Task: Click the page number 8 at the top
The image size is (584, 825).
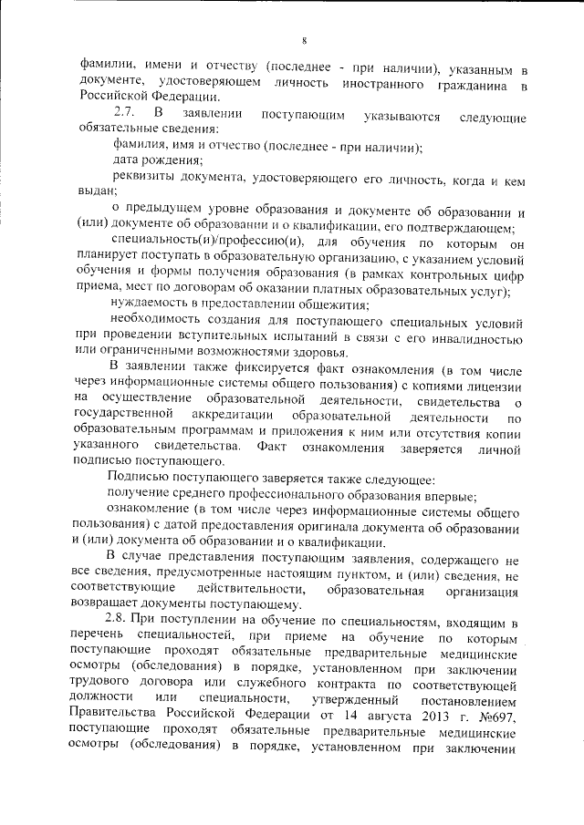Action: pos(305,38)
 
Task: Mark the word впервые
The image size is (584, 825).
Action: pos(446,497)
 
